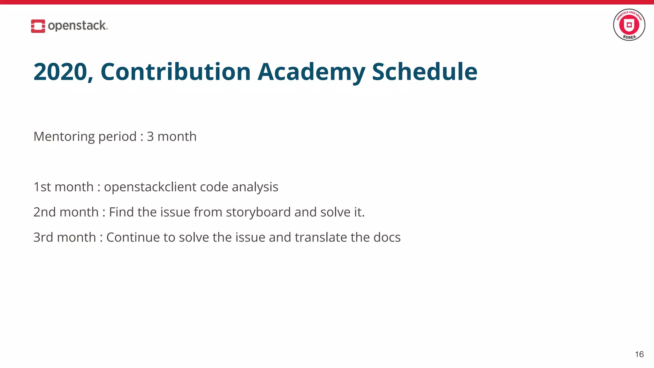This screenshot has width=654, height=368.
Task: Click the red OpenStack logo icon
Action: pyautogui.click(x=38, y=26)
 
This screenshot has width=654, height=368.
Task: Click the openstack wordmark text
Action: pyautogui.click(x=78, y=26)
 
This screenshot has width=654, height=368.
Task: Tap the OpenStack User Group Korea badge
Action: pyautogui.click(x=629, y=25)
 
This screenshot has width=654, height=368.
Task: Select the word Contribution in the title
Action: pyautogui.click(x=175, y=72)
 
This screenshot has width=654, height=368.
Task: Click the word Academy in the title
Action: pyautogui.click(x=311, y=72)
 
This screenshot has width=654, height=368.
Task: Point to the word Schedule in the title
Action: pyautogui.click(x=424, y=72)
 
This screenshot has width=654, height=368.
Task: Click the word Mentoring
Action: pyautogui.click(x=64, y=137)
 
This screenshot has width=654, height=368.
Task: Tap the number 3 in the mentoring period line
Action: pyautogui.click(x=150, y=136)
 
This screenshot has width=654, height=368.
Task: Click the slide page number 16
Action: pyautogui.click(x=639, y=354)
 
